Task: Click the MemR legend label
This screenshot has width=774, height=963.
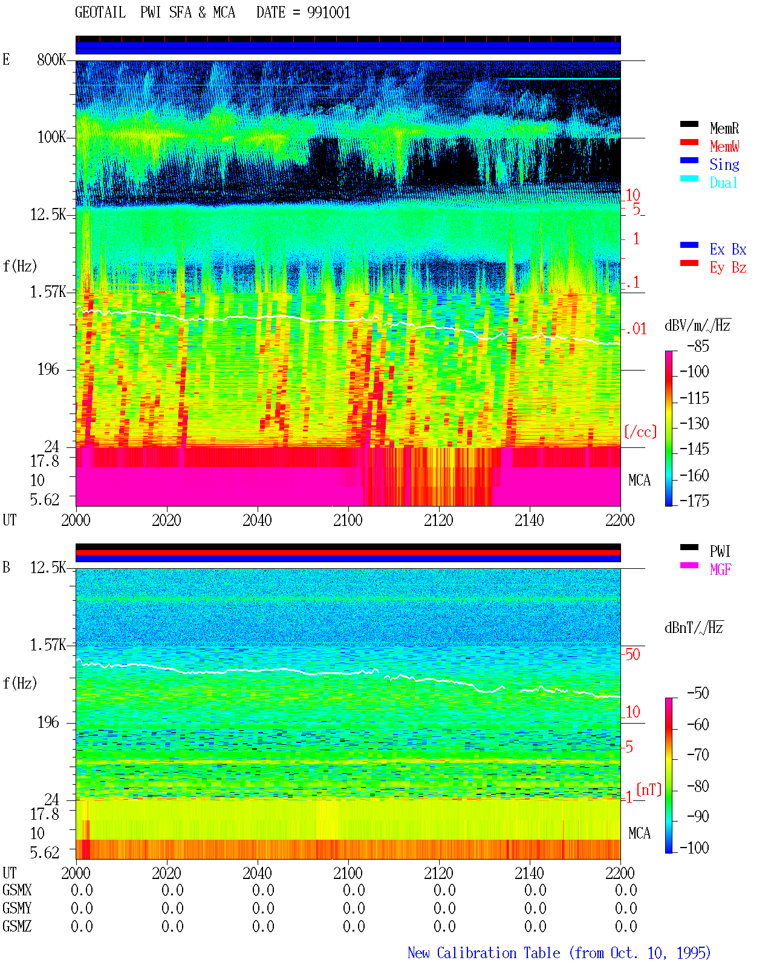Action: (x=724, y=128)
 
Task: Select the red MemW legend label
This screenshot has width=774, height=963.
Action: (x=724, y=146)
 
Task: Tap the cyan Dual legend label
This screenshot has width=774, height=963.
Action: (x=723, y=183)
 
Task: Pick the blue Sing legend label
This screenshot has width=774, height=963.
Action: (x=724, y=164)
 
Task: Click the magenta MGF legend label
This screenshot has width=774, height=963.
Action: (x=720, y=569)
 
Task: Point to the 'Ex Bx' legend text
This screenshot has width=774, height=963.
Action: (x=727, y=249)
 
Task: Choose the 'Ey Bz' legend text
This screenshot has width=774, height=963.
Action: (x=727, y=268)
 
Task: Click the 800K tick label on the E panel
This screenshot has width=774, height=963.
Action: (x=51, y=59)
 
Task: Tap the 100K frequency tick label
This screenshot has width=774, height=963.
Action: (x=51, y=137)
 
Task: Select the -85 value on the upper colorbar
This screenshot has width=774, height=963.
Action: (x=698, y=346)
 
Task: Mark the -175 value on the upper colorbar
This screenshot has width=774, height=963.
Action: (x=694, y=501)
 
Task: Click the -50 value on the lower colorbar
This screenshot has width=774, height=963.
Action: (x=698, y=693)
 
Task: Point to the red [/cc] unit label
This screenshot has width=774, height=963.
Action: (x=640, y=432)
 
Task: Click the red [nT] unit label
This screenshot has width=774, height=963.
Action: (x=649, y=790)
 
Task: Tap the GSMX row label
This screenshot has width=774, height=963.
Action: (x=17, y=890)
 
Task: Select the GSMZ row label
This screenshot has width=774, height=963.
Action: (x=17, y=926)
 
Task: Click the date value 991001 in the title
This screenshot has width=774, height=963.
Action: (x=328, y=13)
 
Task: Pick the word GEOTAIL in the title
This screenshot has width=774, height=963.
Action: (x=100, y=13)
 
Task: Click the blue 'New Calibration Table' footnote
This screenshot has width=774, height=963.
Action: (x=484, y=953)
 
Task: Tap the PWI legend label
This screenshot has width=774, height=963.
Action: (x=720, y=551)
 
